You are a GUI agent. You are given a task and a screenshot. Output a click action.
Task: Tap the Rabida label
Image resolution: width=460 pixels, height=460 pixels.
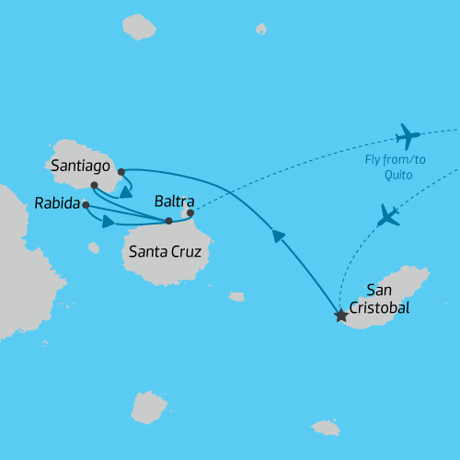(x=56, y=203)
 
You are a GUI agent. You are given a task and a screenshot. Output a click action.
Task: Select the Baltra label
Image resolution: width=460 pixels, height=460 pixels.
(x=175, y=200)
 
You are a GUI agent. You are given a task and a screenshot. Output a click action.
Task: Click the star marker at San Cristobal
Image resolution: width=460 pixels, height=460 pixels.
(x=341, y=316)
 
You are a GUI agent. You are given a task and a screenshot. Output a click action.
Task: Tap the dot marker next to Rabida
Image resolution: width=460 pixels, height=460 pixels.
(x=86, y=204)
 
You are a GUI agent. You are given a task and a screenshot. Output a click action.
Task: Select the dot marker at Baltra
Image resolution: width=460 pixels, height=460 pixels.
(x=190, y=213)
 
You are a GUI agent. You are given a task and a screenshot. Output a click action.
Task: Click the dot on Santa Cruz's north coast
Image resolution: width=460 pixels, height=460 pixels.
(x=168, y=221)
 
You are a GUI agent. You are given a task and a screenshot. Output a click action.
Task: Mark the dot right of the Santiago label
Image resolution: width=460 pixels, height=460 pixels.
(x=121, y=171)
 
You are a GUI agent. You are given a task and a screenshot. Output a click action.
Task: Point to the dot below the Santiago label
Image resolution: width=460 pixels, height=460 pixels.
(x=95, y=186)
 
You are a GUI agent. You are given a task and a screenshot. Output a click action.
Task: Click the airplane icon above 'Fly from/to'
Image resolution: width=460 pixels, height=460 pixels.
(x=407, y=137)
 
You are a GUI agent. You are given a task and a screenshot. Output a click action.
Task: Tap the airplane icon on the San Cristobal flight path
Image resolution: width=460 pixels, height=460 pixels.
(x=390, y=216)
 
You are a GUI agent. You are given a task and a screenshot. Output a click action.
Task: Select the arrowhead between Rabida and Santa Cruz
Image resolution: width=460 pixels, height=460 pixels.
(x=109, y=221)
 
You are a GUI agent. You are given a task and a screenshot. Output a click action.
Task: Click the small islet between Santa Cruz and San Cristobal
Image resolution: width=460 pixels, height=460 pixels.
(x=236, y=296)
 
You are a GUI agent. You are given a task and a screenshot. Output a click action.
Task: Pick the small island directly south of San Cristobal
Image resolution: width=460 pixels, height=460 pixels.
(x=326, y=428)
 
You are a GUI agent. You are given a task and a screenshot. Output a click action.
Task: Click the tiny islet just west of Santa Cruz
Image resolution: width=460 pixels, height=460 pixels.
(x=94, y=247)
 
